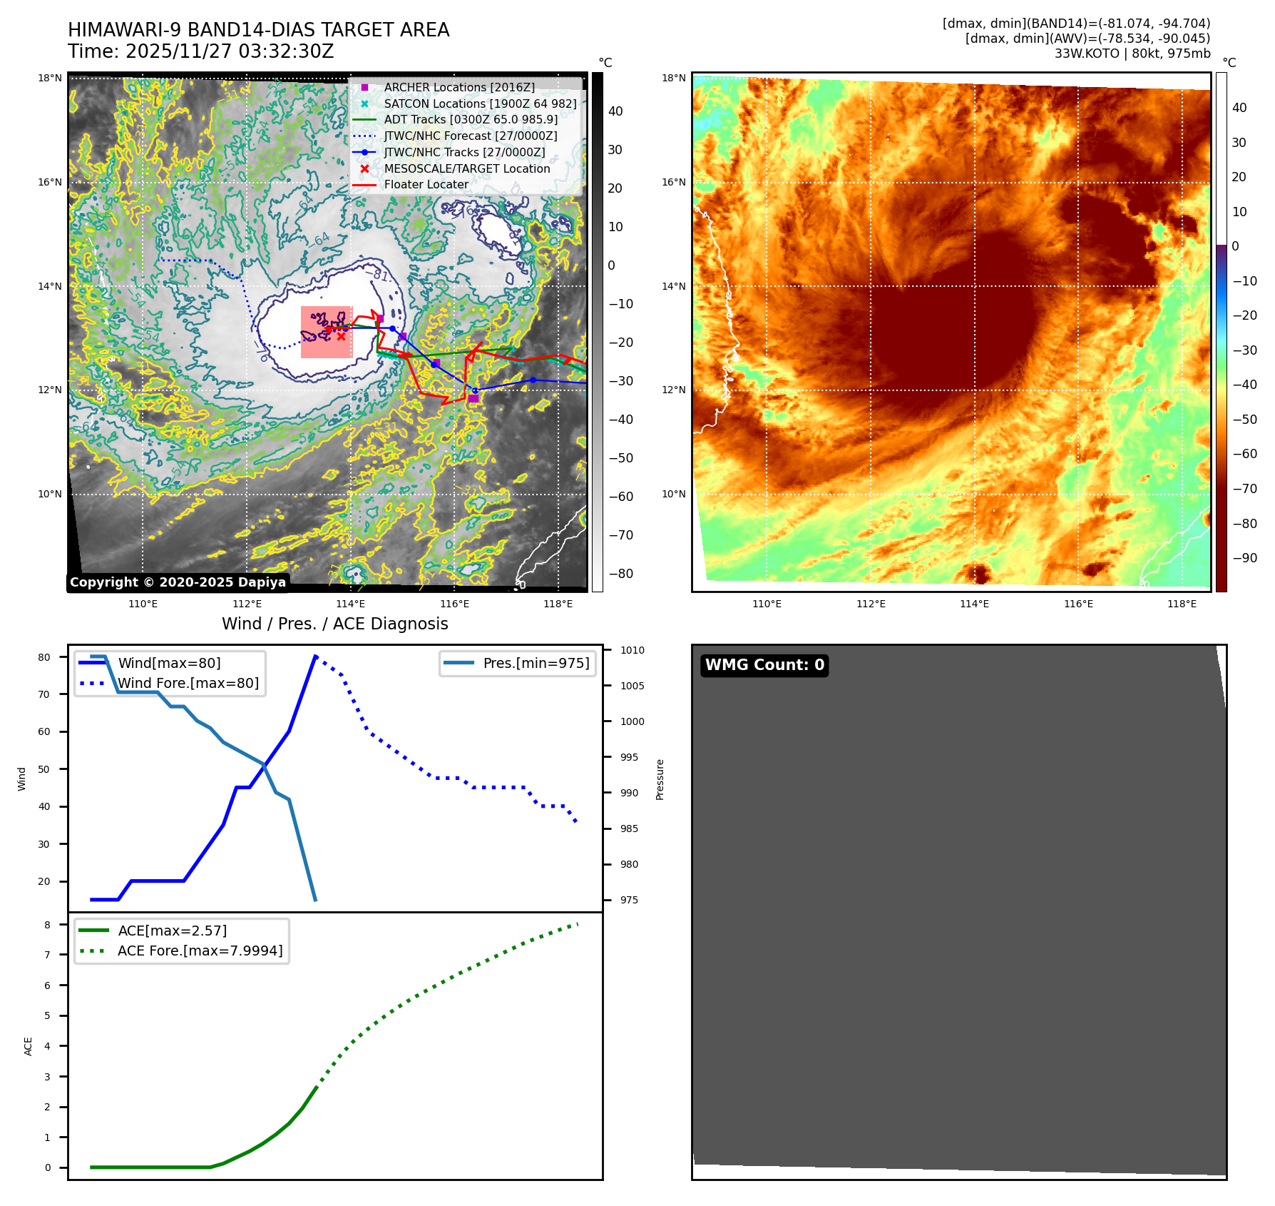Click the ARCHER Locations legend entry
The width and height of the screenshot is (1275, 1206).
pos(459,87)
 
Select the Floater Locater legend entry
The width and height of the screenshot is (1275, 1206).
pos(426,184)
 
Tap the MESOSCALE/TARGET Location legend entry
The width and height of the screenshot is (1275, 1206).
pos(466,168)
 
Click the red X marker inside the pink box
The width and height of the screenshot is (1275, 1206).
pos(342,336)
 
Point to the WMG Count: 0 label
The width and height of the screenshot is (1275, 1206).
pos(764,665)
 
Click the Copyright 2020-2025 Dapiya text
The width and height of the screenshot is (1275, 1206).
pos(178,582)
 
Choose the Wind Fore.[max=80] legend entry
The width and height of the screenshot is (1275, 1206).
pos(188,683)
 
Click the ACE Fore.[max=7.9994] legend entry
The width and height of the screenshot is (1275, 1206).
pos(200,951)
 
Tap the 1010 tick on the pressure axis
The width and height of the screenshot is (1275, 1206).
pos(632,650)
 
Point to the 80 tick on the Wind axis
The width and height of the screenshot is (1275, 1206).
pos(44,657)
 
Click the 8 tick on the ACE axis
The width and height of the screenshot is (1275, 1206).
pos(48,925)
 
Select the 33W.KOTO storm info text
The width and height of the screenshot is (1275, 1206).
pos(1132,54)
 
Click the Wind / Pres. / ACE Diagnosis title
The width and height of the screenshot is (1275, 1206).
pos(335,624)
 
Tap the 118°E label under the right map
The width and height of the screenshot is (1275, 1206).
pos(1182,604)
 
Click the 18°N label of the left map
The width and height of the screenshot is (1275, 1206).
pos(50,78)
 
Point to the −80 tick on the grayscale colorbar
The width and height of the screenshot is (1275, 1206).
pos(620,573)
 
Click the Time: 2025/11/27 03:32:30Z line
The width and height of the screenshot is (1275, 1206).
pos(201,51)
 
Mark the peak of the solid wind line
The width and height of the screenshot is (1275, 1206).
pos(315,656)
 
